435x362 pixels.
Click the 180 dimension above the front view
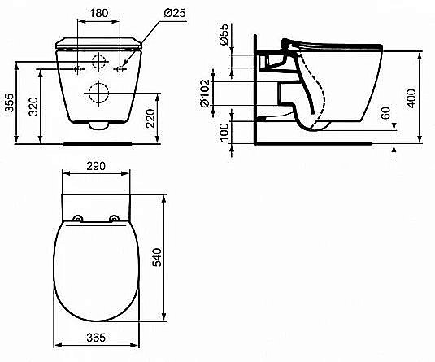[x=100, y=15]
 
